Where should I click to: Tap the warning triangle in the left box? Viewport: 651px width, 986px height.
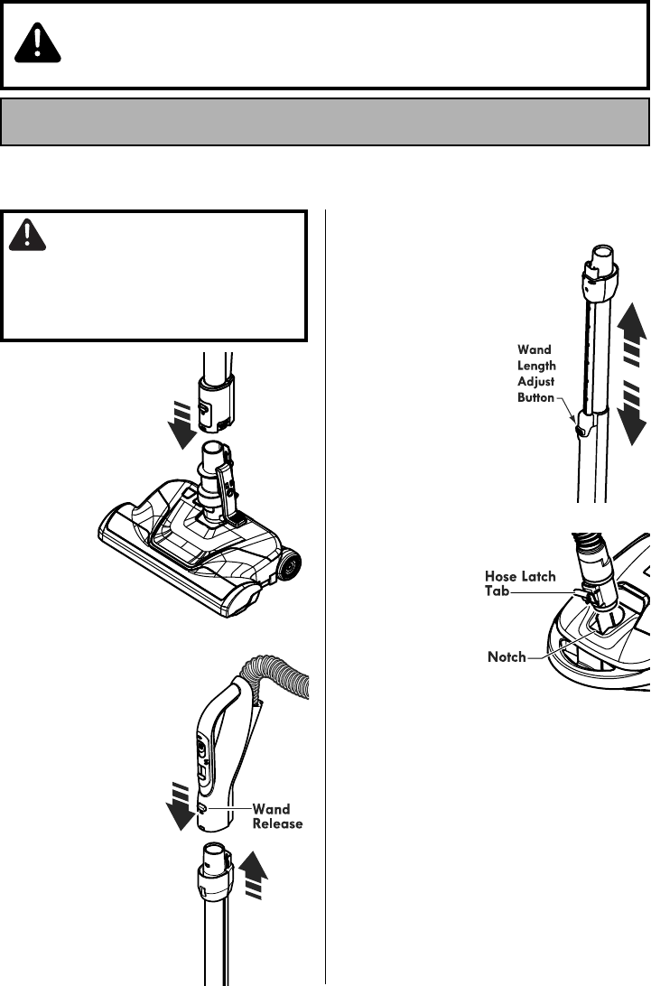tap(29, 234)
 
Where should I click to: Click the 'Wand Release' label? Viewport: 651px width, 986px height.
tap(277, 816)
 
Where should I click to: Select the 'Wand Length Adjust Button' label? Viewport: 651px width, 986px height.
tap(536, 372)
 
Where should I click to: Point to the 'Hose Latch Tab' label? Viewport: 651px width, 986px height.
tap(520, 583)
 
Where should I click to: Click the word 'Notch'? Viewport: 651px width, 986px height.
tap(507, 657)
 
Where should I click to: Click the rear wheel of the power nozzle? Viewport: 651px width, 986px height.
tap(290, 565)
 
